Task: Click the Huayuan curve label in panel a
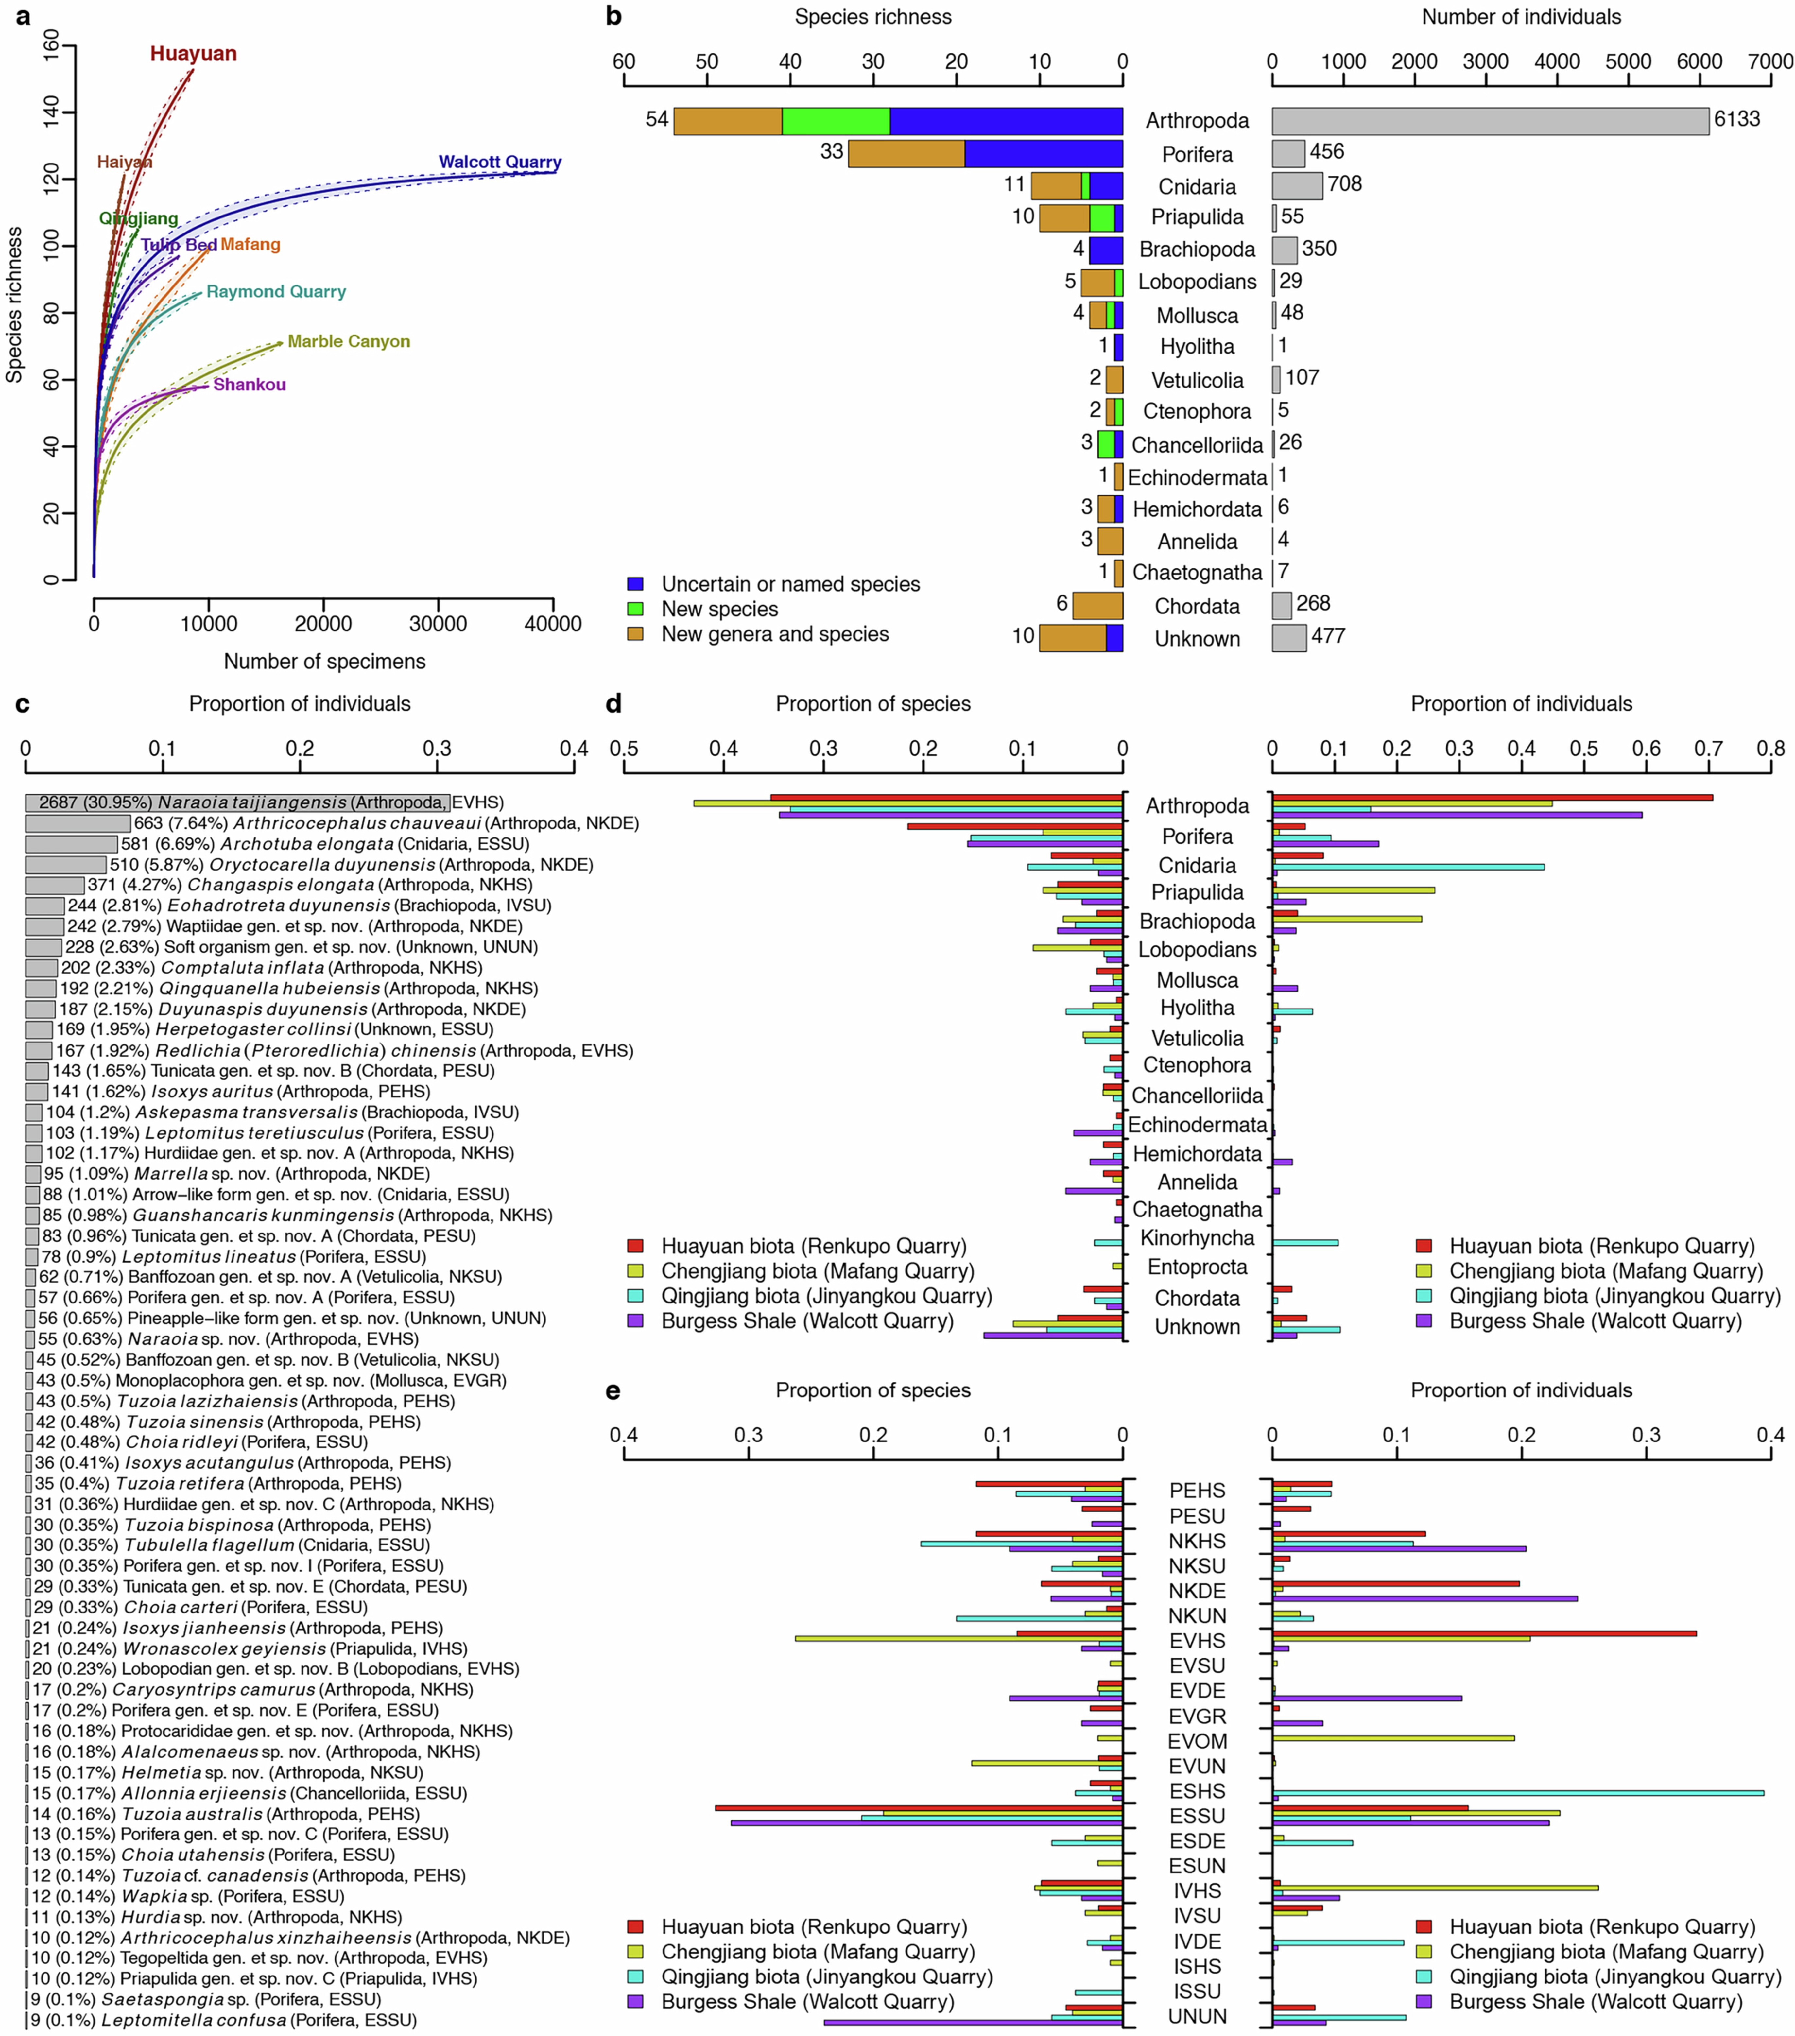point(193,54)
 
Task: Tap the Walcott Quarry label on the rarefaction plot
point(500,162)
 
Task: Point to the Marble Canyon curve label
point(349,342)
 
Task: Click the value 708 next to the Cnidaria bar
point(1345,184)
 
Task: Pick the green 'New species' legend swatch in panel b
point(635,609)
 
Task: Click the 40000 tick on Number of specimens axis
point(553,625)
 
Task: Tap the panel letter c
point(22,704)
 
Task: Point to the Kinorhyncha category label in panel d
point(1197,1238)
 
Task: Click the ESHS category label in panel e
point(1197,1791)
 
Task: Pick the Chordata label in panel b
point(1197,607)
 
